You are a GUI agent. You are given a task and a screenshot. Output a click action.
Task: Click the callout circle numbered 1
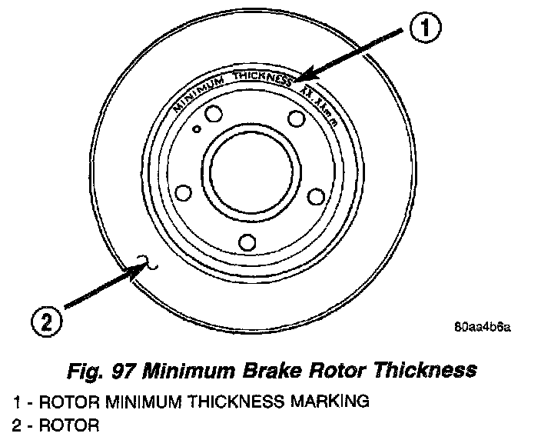[425, 29]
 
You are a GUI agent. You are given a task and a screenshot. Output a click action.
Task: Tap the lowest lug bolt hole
[247, 242]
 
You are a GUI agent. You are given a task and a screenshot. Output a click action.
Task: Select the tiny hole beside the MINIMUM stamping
[197, 128]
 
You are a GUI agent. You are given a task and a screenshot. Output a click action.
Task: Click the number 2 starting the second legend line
[17, 424]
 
